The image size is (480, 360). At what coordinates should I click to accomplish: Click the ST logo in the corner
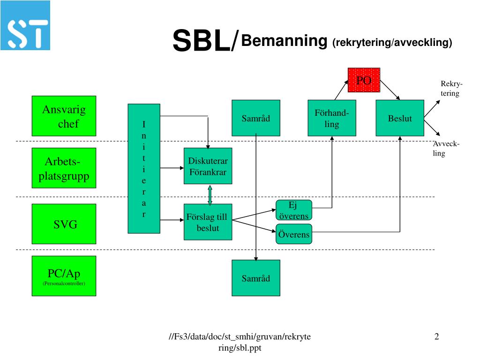[25, 25]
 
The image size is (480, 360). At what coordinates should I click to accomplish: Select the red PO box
[364, 80]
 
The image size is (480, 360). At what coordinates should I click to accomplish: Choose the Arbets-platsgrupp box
[64, 169]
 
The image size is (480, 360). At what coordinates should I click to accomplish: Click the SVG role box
[64, 224]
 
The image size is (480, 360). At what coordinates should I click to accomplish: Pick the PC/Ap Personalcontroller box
[64, 276]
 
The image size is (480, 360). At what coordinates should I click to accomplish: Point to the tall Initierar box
[144, 169]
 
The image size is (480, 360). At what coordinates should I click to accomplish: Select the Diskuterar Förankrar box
[208, 166]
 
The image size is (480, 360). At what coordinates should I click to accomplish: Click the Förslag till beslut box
[208, 222]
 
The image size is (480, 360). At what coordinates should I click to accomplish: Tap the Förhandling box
[331, 118]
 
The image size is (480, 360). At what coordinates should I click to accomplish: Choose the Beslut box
[400, 118]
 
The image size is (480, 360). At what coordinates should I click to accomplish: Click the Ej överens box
[293, 210]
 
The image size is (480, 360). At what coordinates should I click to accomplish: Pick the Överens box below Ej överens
[293, 234]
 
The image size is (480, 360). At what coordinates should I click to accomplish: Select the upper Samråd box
[256, 118]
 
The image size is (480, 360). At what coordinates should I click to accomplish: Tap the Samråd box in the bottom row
[256, 278]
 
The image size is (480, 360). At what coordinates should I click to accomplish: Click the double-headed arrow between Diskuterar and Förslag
[210, 195]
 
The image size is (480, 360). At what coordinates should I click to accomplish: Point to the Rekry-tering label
[450, 89]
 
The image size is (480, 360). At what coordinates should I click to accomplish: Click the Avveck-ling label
[445, 149]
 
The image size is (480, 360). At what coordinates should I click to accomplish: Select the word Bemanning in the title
[284, 41]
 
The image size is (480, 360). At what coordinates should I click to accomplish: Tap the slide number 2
[436, 337]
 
